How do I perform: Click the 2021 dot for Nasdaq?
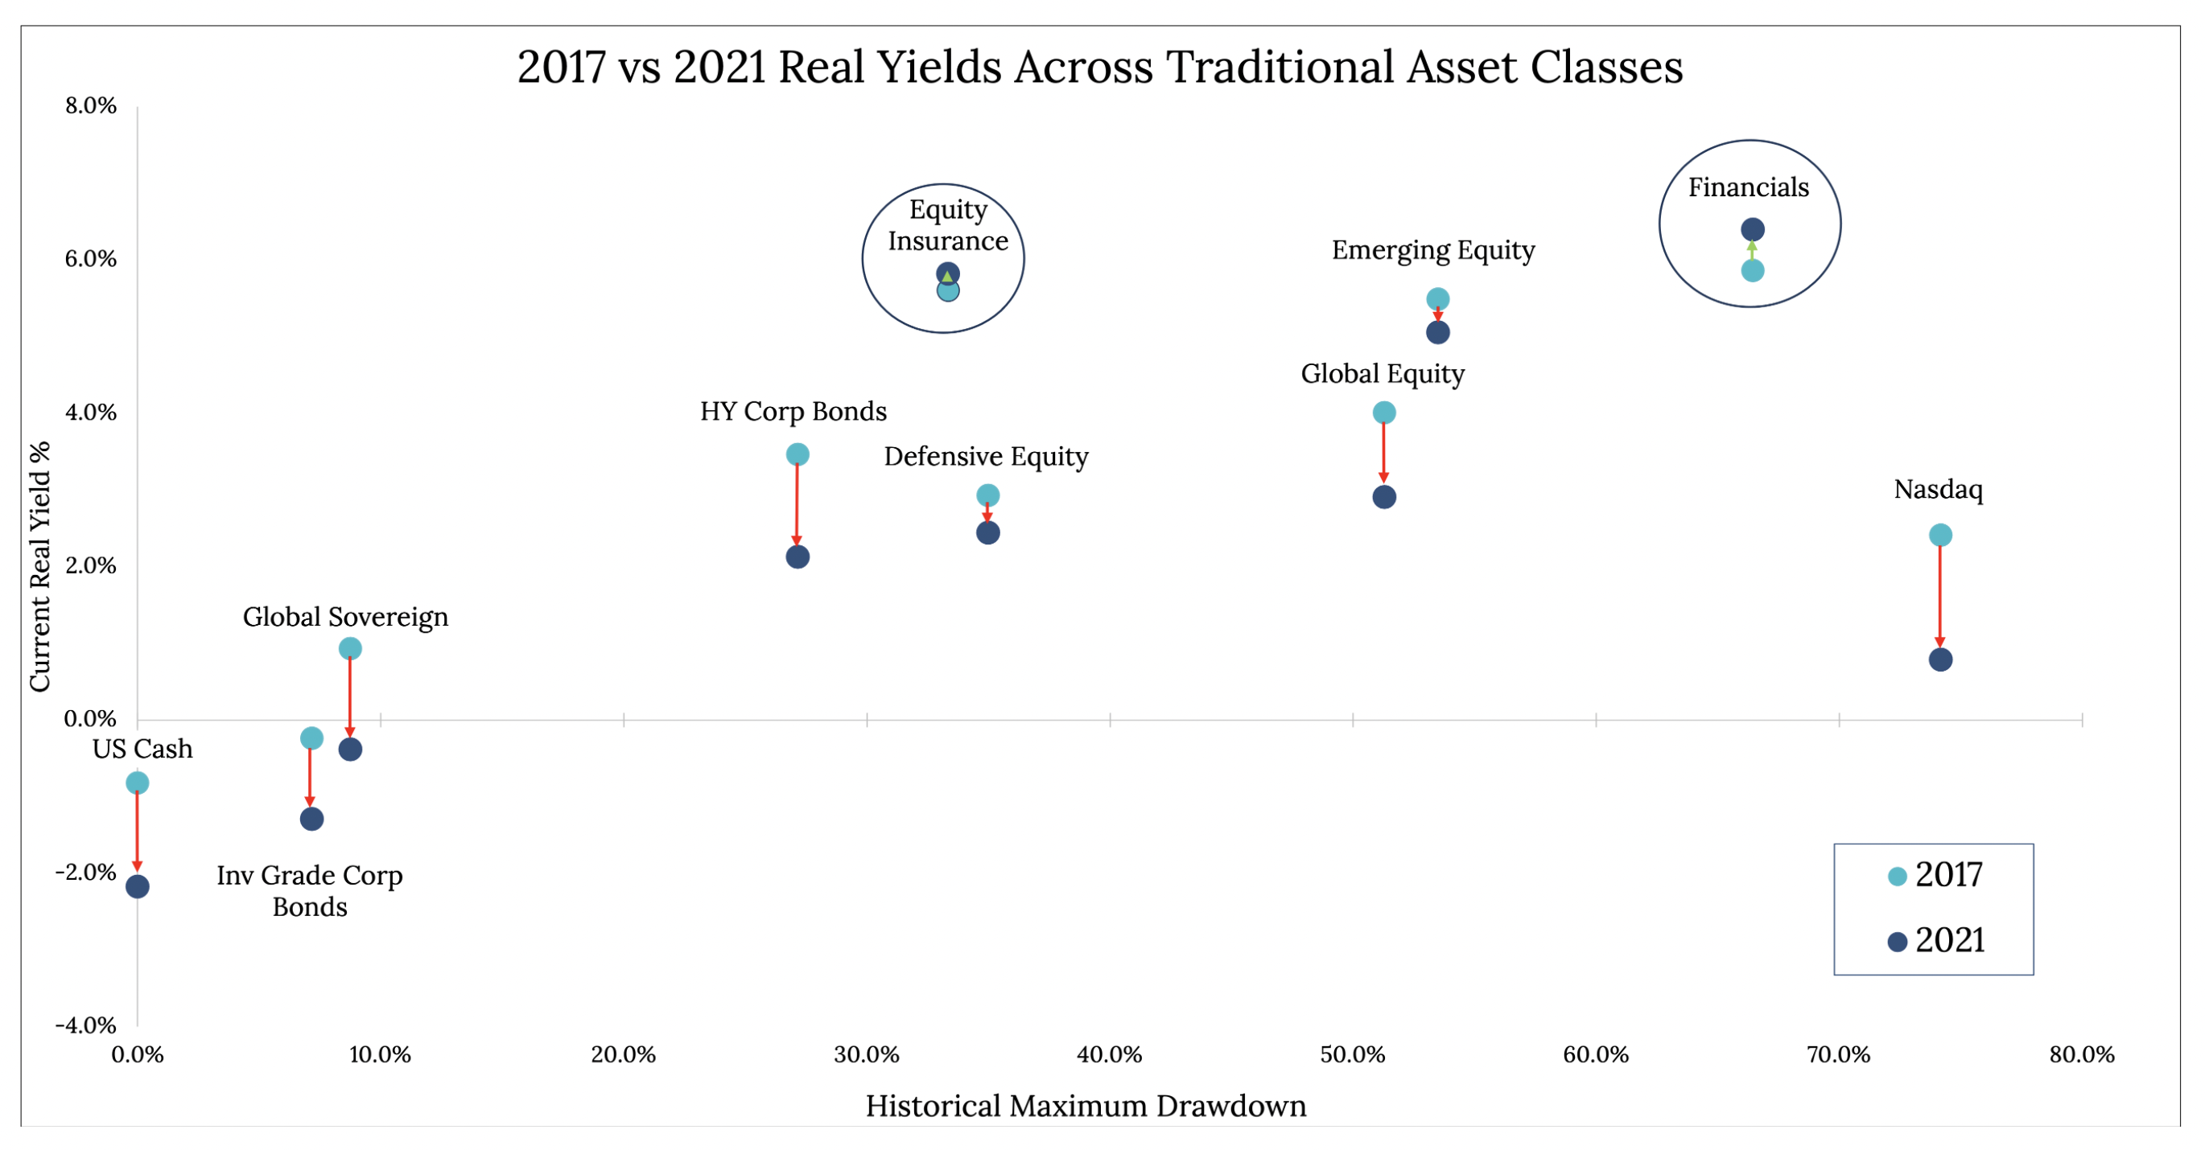click(x=1939, y=659)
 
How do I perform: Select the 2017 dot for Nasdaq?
click(x=1939, y=536)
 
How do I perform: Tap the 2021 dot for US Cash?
click(x=137, y=886)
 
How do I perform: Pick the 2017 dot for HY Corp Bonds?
click(x=797, y=454)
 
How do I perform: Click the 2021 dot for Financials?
click(x=1752, y=229)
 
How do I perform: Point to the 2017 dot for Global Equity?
click(x=1383, y=413)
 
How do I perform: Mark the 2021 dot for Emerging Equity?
click(x=1437, y=333)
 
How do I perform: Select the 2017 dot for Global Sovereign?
click(x=350, y=649)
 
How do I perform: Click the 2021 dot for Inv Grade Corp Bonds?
click(x=311, y=819)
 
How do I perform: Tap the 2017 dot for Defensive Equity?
click(x=987, y=495)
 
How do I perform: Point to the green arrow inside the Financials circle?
click(x=1752, y=250)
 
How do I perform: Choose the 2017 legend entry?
click(x=1935, y=875)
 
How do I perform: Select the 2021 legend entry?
click(x=1935, y=941)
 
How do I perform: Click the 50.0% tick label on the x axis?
click(x=1353, y=1055)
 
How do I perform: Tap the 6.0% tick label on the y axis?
click(x=90, y=258)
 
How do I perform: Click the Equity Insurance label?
click(x=947, y=225)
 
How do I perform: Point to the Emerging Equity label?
click(x=1433, y=251)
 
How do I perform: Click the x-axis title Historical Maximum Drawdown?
click(x=1086, y=1107)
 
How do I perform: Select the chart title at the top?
click(x=1100, y=67)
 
